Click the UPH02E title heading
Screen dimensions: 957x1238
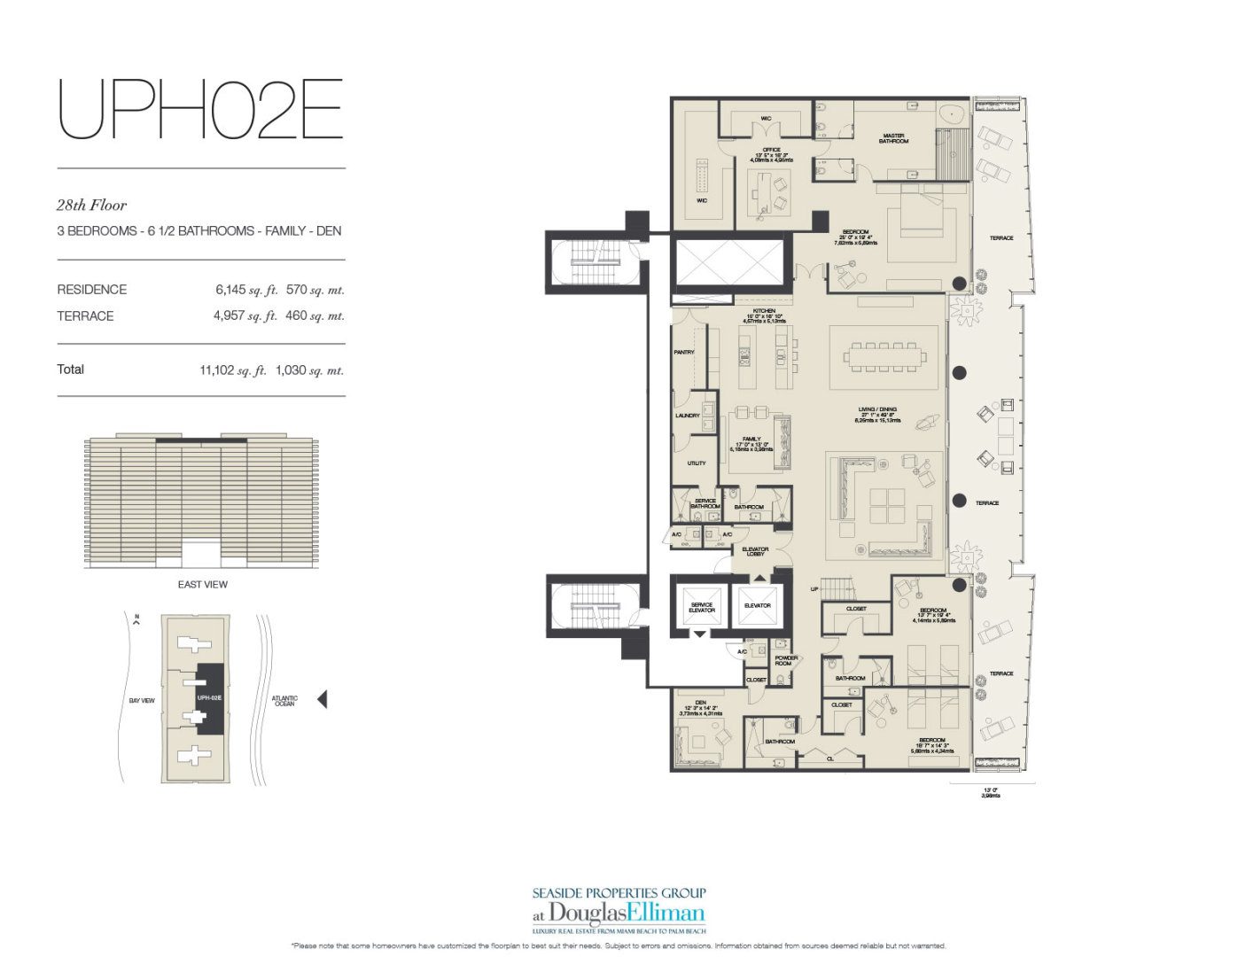tap(200, 110)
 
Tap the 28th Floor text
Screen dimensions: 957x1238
tap(91, 206)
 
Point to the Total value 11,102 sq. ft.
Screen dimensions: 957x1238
tap(233, 370)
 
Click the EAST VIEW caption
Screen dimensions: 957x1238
tap(202, 584)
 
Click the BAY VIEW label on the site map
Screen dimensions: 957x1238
tap(142, 700)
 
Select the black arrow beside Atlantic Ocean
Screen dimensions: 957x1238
tap(322, 699)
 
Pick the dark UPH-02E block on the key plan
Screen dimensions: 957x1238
tap(210, 698)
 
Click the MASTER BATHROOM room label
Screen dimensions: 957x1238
tap(893, 138)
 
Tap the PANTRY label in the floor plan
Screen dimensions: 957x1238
tap(683, 353)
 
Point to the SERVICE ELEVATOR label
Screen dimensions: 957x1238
tap(701, 608)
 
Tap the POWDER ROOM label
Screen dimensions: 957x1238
tap(786, 660)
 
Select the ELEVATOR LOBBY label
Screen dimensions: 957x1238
tap(756, 551)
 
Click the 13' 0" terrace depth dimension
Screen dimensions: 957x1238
tap(990, 791)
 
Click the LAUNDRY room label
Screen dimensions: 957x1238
tap(687, 416)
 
